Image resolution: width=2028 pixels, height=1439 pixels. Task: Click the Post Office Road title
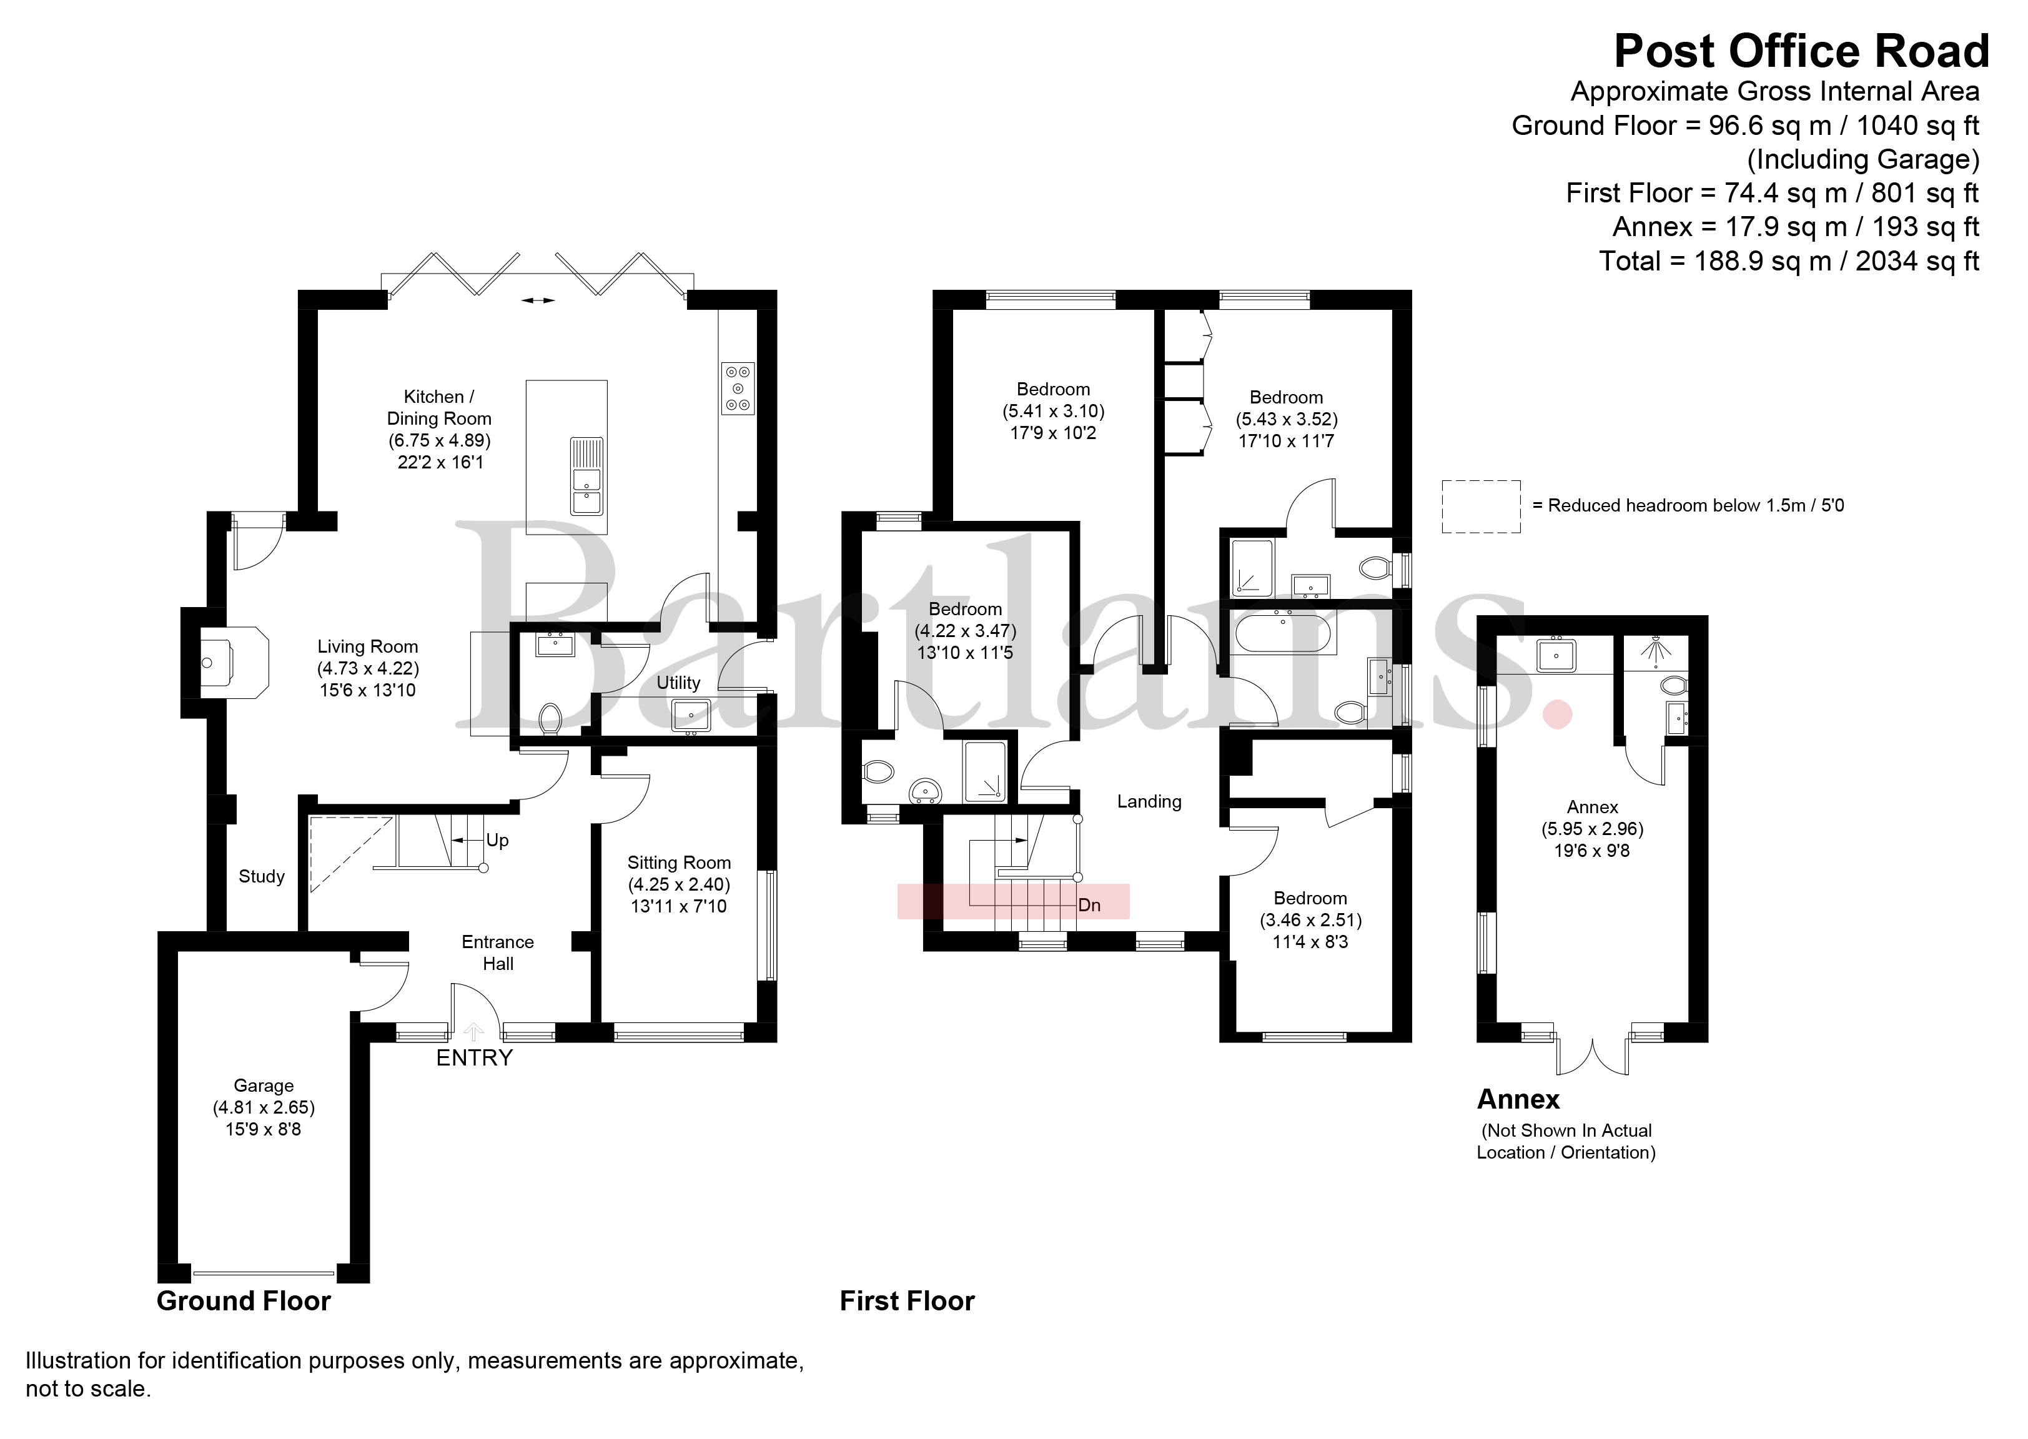[1801, 51]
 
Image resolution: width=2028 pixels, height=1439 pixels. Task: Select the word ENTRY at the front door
[474, 1058]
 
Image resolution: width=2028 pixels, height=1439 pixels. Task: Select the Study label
[261, 876]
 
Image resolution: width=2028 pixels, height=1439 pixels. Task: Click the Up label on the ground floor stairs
[497, 840]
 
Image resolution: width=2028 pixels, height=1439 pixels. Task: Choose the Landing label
[1149, 802]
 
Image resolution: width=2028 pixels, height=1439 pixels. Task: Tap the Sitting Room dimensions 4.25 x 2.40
[679, 884]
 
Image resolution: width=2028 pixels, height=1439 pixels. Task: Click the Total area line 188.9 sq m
[1789, 262]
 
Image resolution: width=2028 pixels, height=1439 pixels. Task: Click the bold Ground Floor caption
[244, 1301]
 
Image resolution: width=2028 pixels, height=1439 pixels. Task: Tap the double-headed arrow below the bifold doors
[538, 301]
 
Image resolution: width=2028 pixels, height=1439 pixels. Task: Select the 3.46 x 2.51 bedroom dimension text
[1310, 920]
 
